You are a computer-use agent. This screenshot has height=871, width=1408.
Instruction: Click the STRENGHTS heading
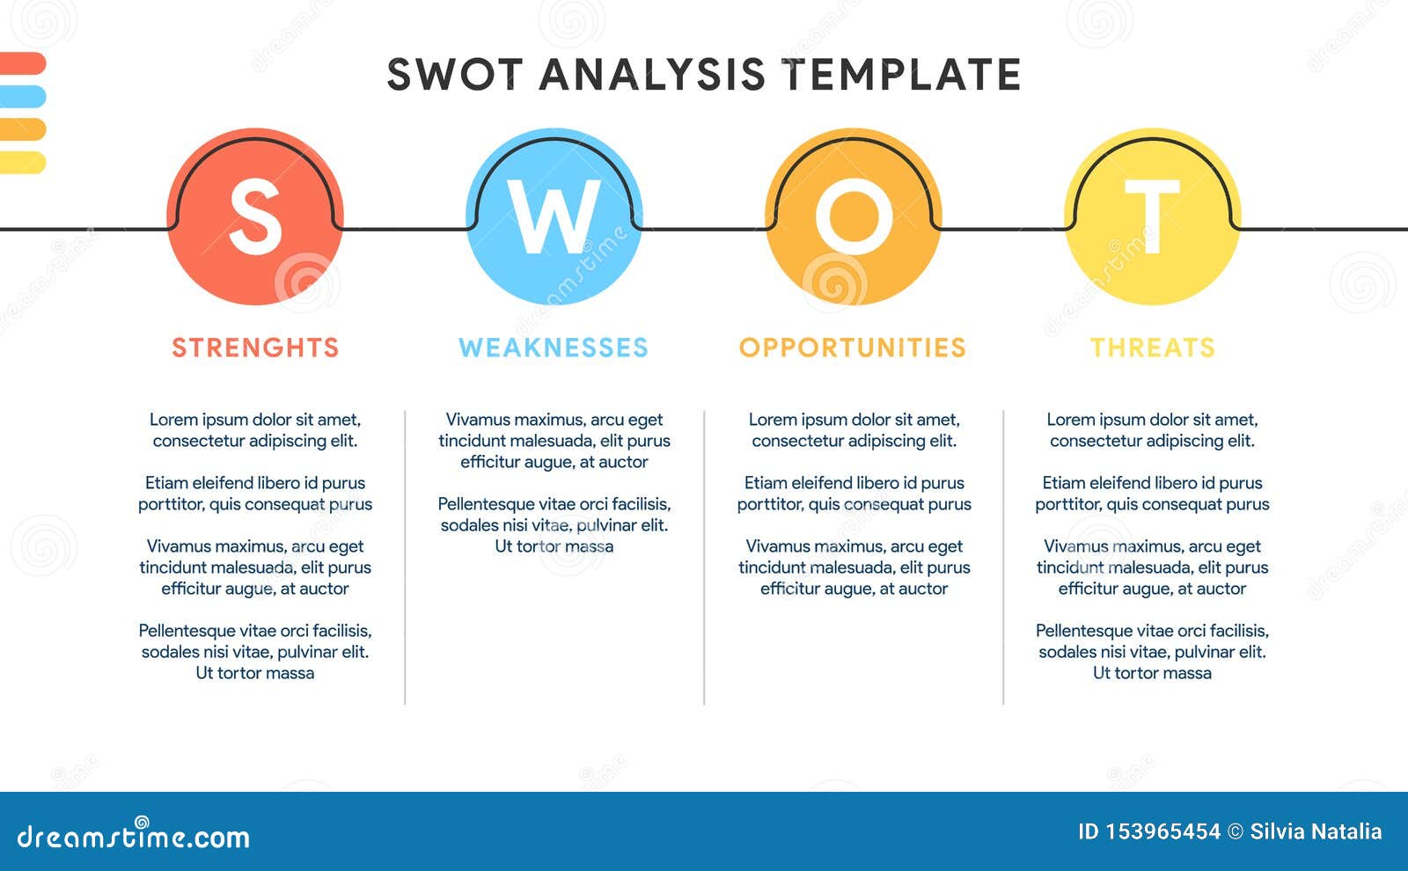click(255, 348)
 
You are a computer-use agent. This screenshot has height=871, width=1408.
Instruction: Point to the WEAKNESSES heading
click(554, 348)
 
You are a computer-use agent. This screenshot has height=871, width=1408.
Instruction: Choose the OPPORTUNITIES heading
click(853, 348)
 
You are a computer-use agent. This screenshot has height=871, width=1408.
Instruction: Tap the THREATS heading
click(1153, 348)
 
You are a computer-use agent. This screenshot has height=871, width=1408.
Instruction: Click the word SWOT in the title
click(455, 75)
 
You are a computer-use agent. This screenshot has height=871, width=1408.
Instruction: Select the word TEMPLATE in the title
click(902, 75)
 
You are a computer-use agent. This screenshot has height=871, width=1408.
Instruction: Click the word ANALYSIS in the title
click(652, 75)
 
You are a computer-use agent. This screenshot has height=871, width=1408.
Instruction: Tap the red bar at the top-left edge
click(22, 63)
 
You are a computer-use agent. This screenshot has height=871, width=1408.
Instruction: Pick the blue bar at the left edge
click(22, 96)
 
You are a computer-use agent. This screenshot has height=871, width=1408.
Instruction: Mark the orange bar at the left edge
click(22, 129)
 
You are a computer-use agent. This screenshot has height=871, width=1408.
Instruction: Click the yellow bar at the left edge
click(22, 162)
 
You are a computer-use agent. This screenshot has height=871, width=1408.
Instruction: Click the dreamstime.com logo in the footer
click(134, 836)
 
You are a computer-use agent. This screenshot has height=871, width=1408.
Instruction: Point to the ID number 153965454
click(1162, 831)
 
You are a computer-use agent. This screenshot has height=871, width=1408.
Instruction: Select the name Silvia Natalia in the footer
click(1316, 831)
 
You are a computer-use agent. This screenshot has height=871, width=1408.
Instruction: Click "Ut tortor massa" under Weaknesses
click(554, 546)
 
